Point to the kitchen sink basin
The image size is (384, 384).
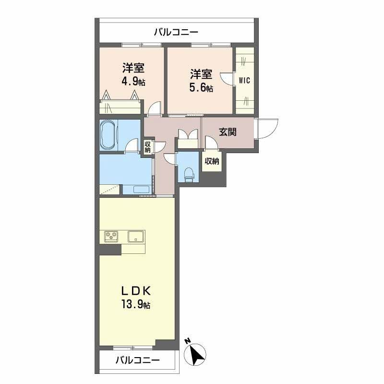(x=136, y=236)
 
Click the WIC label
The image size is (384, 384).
(x=244, y=80)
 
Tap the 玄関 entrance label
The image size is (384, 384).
(x=228, y=132)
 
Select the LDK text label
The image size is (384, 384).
(x=136, y=291)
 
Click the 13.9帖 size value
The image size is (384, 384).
(x=136, y=305)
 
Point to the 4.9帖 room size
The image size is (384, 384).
(x=133, y=81)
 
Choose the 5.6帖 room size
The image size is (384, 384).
(x=201, y=88)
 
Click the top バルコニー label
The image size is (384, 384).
(x=176, y=33)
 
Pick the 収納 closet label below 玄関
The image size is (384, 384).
(x=212, y=161)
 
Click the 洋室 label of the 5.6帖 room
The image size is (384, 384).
(x=201, y=74)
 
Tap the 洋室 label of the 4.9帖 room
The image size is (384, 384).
(x=133, y=68)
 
